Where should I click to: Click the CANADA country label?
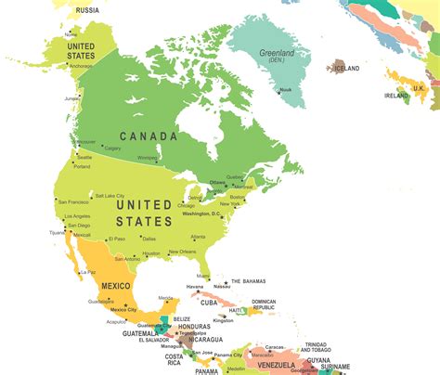click(x=149, y=136)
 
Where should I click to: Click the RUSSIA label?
click(x=87, y=10)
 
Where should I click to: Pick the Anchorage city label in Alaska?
click(x=80, y=66)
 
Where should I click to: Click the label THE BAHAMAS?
click(x=250, y=281)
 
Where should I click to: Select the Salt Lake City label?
click(x=111, y=196)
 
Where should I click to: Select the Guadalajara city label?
click(x=101, y=302)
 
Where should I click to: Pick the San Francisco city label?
click(x=73, y=201)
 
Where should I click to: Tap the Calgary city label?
click(x=112, y=149)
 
